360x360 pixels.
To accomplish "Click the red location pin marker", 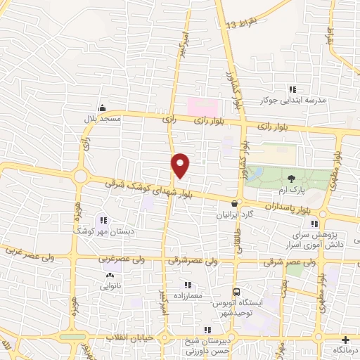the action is [x=180, y=165].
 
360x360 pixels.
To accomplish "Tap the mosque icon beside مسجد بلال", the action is [x=103, y=108].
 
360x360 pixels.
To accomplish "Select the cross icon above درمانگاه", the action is [x=343, y=338].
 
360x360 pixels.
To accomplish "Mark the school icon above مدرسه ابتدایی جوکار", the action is [x=292, y=89].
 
